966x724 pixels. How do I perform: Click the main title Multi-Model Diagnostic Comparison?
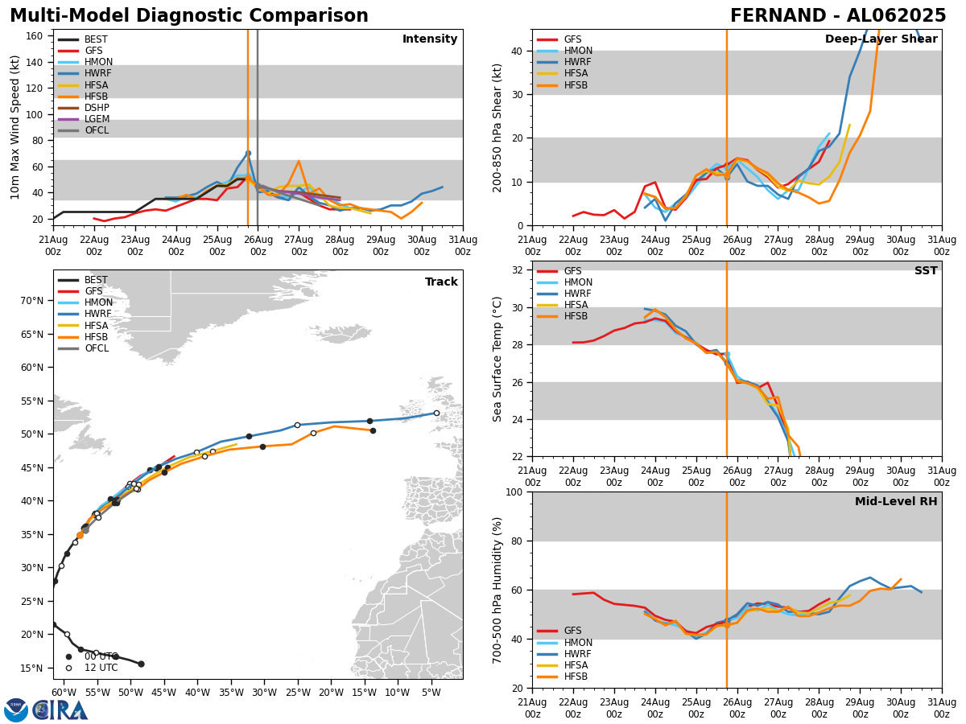coord(189,16)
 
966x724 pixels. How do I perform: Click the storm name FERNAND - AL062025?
coord(838,16)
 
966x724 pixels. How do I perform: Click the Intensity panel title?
coord(430,39)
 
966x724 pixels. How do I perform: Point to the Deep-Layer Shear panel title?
coord(881,39)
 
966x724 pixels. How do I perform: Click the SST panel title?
coord(926,271)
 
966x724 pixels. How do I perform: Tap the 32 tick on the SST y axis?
coord(518,270)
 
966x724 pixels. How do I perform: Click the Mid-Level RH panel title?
coord(896,502)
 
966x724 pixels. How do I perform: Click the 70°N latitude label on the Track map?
coord(31,301)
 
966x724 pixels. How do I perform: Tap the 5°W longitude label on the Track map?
coord(430,693)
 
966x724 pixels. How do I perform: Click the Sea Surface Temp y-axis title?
coord(498,359)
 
